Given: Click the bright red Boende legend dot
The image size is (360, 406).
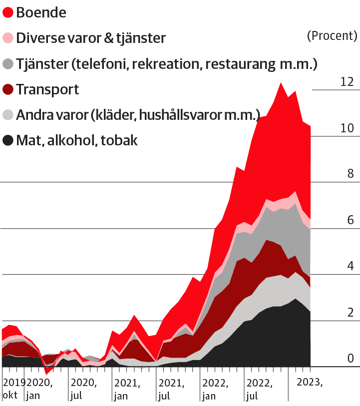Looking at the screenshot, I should pos(8,12).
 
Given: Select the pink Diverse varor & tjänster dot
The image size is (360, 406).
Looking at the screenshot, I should pos(8,38).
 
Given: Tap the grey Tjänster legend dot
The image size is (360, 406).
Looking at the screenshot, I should pos(8,64).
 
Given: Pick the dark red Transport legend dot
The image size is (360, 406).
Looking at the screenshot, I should pos(8,90).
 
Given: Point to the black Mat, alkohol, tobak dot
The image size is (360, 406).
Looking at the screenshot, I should pos(8,141).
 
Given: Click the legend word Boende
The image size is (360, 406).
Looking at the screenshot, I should pos(41,12).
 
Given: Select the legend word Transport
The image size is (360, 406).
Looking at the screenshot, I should pos(47,90).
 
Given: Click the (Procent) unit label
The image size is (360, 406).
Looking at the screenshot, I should pos(332,35).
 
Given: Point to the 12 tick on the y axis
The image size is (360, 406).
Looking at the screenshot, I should pos(347,81).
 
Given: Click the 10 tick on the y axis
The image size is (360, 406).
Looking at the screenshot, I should pos(347,128).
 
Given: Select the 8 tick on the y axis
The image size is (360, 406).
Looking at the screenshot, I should pos(350,174).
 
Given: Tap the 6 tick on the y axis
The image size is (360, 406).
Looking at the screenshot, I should pos(350,220).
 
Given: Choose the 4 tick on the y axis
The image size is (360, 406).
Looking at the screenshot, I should pos(350,266).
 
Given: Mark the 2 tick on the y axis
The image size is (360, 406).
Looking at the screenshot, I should pos(350,313).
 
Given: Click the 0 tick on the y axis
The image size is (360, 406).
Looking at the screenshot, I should pos(350,359).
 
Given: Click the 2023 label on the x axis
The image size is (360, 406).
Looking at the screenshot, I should pos(310,383).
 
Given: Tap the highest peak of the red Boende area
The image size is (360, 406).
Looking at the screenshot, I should pos(281,83).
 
